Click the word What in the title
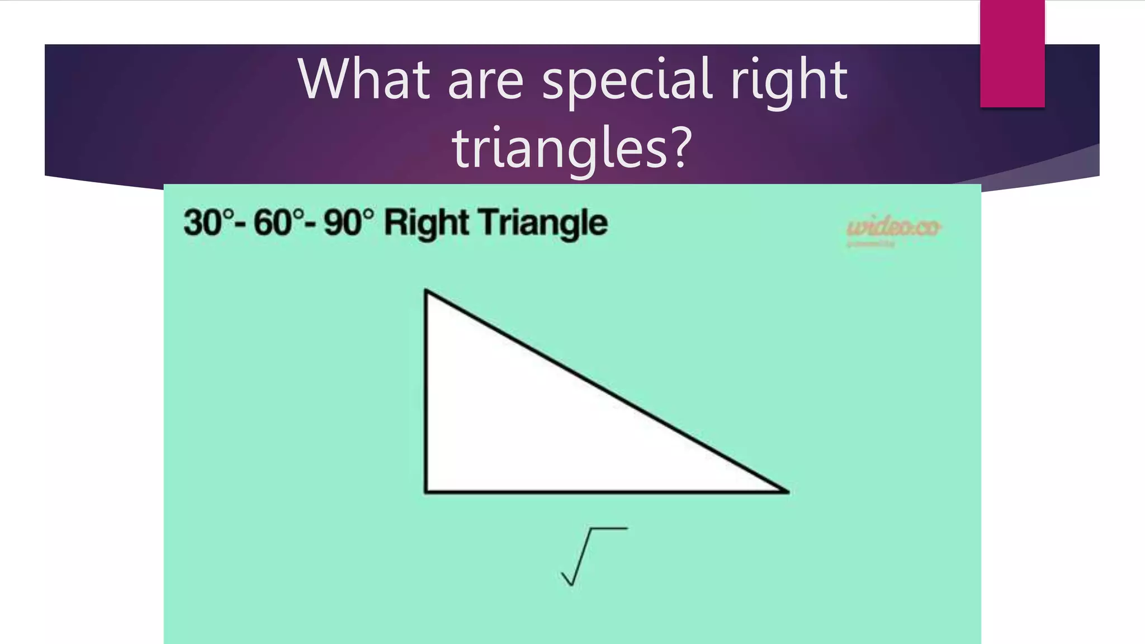364,79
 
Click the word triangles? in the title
572,148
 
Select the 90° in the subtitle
348,222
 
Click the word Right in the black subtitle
427,224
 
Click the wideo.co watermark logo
893,228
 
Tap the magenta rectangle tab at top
1012,54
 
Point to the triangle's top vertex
427,291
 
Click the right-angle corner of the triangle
427,491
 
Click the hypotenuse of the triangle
607,391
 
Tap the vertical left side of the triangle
426,391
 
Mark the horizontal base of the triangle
607,492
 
